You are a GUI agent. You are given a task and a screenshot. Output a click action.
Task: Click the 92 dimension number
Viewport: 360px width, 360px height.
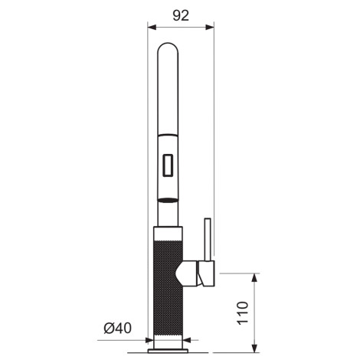click(x=181, y=16)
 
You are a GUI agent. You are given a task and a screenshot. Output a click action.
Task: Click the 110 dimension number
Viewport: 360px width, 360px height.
click(x=243, y=313)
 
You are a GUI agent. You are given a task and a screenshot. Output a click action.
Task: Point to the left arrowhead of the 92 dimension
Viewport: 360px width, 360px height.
click(x=152, y=27)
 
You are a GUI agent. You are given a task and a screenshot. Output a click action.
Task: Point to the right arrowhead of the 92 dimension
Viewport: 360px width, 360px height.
click(x=210, y=27)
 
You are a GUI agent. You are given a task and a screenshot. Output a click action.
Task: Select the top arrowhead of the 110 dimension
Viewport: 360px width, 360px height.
click(x=254, y=277)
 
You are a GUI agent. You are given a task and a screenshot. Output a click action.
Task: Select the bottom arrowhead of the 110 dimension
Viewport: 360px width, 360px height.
click(x=254, y=349)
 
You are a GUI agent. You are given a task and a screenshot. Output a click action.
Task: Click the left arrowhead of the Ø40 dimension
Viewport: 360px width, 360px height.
click(x=149, y=340)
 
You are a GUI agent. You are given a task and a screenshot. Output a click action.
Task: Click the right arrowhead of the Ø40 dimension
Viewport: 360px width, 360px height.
click(x=187, y=340)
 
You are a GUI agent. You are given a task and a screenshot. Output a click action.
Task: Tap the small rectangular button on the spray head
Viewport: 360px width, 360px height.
click(x=168, y=165)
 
